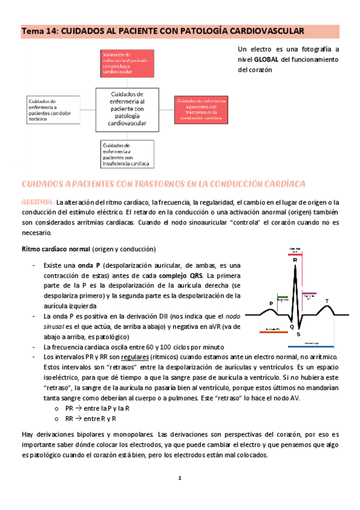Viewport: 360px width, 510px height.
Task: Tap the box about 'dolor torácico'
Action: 53,110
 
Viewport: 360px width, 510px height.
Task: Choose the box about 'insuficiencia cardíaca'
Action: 126,155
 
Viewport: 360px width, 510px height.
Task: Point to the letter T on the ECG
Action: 327,301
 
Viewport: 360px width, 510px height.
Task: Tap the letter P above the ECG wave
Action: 270,303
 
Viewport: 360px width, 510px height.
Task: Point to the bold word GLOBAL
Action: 266,60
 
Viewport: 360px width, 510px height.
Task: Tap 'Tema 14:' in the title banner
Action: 40,31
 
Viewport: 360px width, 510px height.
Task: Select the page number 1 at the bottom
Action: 179,479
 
